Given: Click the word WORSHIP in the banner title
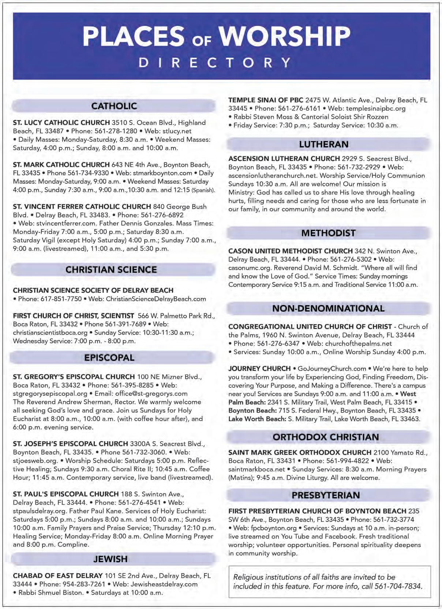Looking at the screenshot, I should click(x=285, y=36).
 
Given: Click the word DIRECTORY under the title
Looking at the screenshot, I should click(x=215, y=63).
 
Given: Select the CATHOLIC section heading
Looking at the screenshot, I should click(x=114, y=106).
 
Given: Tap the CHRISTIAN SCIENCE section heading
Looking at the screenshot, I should click(x=111, y=270).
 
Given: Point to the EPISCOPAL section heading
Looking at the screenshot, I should click(x=109, y=358).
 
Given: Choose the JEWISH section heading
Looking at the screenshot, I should click(x=110, y=559).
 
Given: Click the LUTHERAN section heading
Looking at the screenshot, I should click(x=324, y=144).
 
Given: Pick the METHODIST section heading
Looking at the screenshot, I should click(x=328, y=233).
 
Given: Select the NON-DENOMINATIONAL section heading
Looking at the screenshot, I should click(x=328, y=308).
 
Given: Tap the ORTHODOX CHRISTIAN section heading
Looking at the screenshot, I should click(x=326, y=437).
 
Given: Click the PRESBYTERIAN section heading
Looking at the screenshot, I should click(x=326, y=495).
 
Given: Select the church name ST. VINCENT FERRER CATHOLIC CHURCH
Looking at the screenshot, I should click(x=82, y=206).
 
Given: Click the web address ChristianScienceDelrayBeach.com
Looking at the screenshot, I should click(x=156, y=299).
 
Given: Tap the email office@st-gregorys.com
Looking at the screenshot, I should click(x=151, y=394).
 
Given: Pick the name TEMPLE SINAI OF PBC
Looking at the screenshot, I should click(x=266, y=100).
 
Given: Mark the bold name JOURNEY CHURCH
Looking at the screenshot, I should click(x=259, y=369).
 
